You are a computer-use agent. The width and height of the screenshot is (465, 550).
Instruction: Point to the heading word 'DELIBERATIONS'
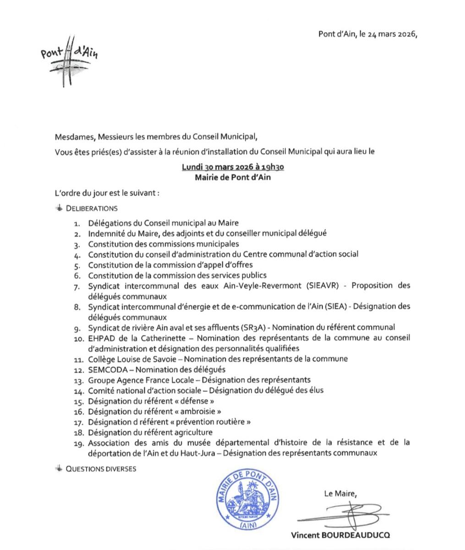[x=92, y=209]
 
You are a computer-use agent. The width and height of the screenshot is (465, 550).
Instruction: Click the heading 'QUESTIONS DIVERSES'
[x=101, y=469]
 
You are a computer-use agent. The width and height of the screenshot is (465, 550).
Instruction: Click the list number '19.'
[x=79, y=443]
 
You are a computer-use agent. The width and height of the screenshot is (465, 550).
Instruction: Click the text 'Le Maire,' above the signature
[x=339, y=494]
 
